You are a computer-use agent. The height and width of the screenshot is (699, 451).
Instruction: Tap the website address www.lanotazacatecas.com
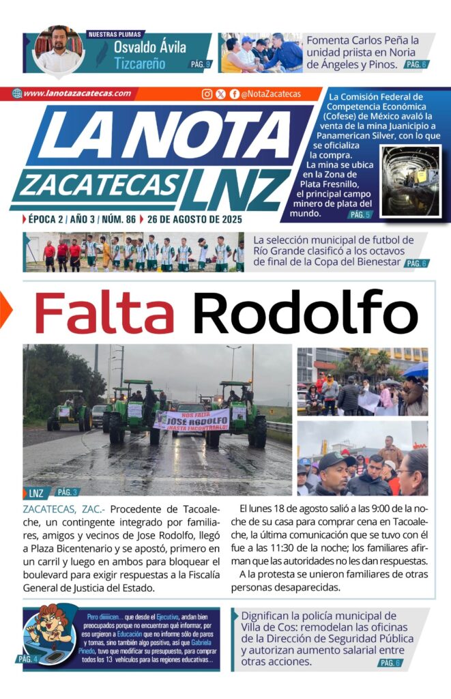tap(76, 94)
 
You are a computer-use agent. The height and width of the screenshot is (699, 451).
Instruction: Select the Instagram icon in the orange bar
tap(207, 94)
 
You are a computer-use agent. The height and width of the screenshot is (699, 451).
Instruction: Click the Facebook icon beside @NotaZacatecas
tap(234, 94)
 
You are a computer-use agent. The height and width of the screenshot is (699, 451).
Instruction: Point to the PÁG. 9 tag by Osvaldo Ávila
tap(200, 64)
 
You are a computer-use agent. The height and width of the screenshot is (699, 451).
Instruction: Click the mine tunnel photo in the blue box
tap(410, 181)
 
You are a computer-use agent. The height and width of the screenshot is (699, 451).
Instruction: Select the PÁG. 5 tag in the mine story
tap(360, 214)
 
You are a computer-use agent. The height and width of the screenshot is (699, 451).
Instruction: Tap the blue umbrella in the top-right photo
tap(416, 369)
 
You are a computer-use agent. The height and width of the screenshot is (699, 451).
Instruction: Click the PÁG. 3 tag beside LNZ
tap(66, 491)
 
